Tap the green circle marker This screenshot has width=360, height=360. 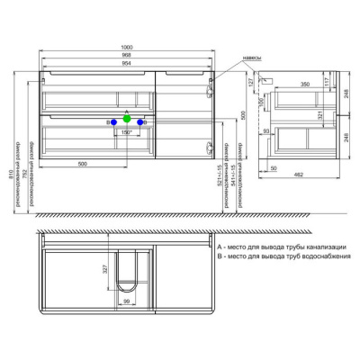click(128, 118)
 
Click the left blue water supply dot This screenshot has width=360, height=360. click(112, 121)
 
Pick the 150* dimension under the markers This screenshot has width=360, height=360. click(128, 132)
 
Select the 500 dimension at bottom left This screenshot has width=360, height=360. click(83, 165)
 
